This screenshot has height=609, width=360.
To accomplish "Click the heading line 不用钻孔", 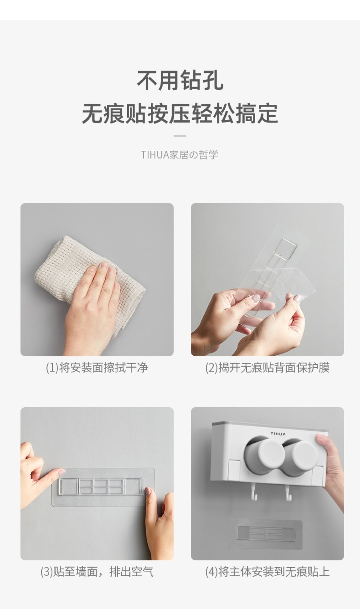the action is coord(180,80).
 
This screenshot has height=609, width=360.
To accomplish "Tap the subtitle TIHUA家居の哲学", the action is coord(180,155).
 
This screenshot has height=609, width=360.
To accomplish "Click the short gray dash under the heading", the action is coord(180,136).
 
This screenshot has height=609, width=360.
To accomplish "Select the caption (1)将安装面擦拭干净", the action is coord(97,368).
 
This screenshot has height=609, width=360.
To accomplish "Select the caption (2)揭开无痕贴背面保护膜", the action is coord(268,368).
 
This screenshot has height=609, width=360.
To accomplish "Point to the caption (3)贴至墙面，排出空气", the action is coord(97,572).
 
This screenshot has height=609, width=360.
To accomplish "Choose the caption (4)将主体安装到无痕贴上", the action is coord(268,572).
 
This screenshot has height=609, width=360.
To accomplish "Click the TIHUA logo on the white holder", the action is coord(278,434).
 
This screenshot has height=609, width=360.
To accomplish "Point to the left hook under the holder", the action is coord(254,493).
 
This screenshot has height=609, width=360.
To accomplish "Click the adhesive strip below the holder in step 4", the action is coord(265,534).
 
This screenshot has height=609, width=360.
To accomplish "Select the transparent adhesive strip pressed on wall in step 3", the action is coord(103,487).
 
